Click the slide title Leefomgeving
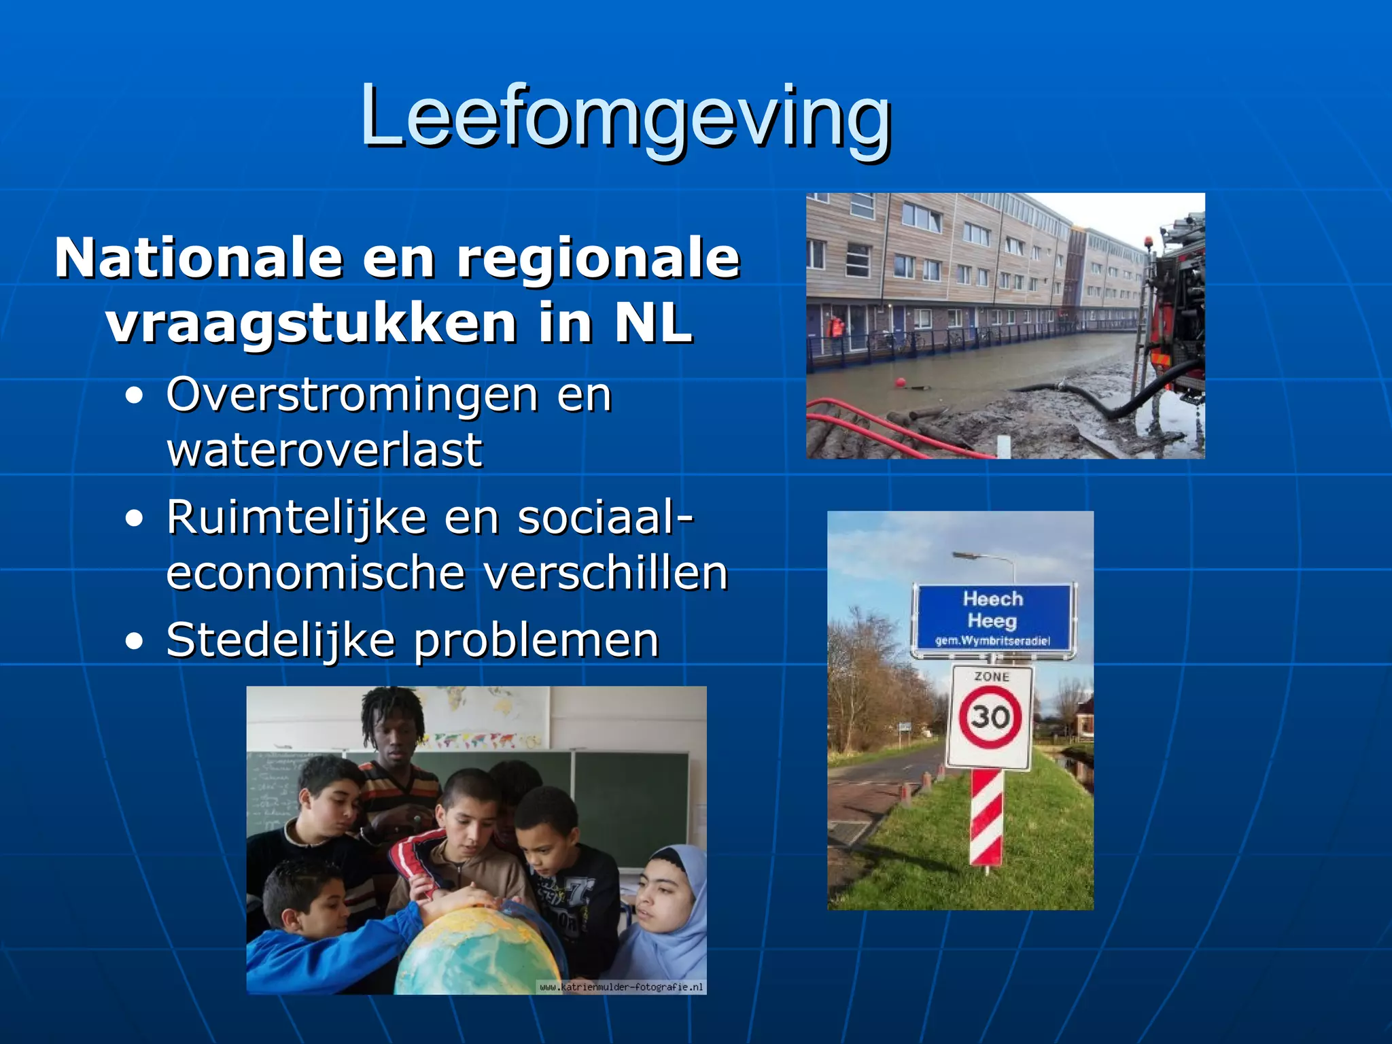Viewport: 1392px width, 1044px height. (625, 117)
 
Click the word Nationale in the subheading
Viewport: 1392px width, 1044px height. (198, 259)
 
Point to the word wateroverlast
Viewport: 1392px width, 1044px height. (324, 451)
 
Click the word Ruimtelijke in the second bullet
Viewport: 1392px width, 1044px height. (296, 519)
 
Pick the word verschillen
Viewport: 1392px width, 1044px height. (605, 574)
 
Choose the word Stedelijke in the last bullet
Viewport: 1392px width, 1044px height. (280, 641)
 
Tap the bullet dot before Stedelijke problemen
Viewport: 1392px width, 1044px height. (135, 641)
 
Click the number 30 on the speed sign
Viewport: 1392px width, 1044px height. (990, 716)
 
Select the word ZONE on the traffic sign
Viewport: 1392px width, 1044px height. (992, 677)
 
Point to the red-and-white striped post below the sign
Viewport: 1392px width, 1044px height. (986, 818)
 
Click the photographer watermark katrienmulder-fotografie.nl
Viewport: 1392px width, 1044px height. (621, 987)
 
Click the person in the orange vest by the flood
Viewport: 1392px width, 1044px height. (836, 328)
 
